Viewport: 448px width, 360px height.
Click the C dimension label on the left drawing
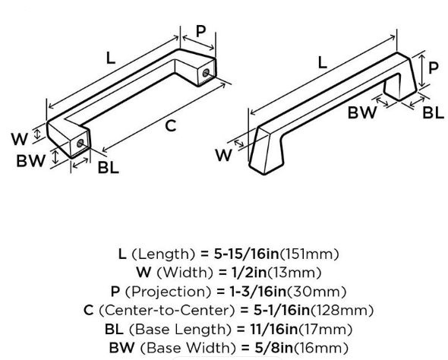tap(171, 126)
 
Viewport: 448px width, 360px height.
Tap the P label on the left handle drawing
tap(201, 30)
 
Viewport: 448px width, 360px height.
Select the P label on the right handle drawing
tap(433, 68)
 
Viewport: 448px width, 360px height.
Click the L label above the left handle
tap(111, 58)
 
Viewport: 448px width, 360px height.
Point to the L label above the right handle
tap(322, 62)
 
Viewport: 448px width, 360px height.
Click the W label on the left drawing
tap(20, 139)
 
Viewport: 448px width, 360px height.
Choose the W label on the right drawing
tap(223, 156)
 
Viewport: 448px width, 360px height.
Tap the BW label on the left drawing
tap(31, 161)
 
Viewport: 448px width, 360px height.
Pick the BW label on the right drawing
tap(362, 112)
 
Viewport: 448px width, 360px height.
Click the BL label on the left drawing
tap(109, 167)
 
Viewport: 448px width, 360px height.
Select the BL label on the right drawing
tap(433, 112)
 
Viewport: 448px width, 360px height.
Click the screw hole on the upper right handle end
tap(206, 73)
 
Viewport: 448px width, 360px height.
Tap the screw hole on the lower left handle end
tap(80, 143)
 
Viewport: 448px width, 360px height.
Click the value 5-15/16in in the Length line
tap(246, 254)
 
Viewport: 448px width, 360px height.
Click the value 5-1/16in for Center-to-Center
tap(282, 310)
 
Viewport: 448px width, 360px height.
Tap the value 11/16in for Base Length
tap(274, 329)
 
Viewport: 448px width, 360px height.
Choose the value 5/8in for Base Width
tap(273, 348)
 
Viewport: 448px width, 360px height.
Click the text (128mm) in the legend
tap(342, 310)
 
